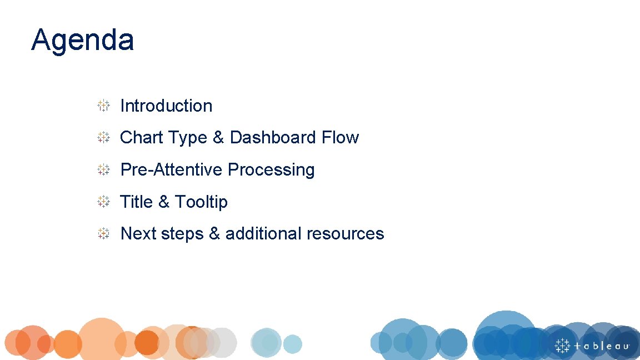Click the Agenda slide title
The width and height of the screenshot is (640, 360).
[x=82, y=40]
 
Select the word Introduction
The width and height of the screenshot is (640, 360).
[x=166, y=106]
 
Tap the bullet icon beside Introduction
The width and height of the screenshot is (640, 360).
[x=103, y=106]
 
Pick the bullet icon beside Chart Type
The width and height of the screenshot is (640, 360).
[x=103, y=137]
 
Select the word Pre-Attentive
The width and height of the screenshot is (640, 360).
[x=172, y=169]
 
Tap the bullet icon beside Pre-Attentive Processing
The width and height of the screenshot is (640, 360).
[x=103, y=169]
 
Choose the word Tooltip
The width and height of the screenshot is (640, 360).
[x=201, y=202]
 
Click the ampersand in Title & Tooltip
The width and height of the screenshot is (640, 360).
[x=163, y=202]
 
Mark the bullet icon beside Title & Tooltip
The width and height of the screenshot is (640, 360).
[x=103, y=202]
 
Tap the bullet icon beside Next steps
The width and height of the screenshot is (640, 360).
[x=103, y=233]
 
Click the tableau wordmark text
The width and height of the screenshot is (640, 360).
[x=602, y=346]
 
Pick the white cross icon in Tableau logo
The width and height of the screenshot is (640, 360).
[x=563, y=345]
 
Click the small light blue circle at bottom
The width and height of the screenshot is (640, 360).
[x=292, y=344]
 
